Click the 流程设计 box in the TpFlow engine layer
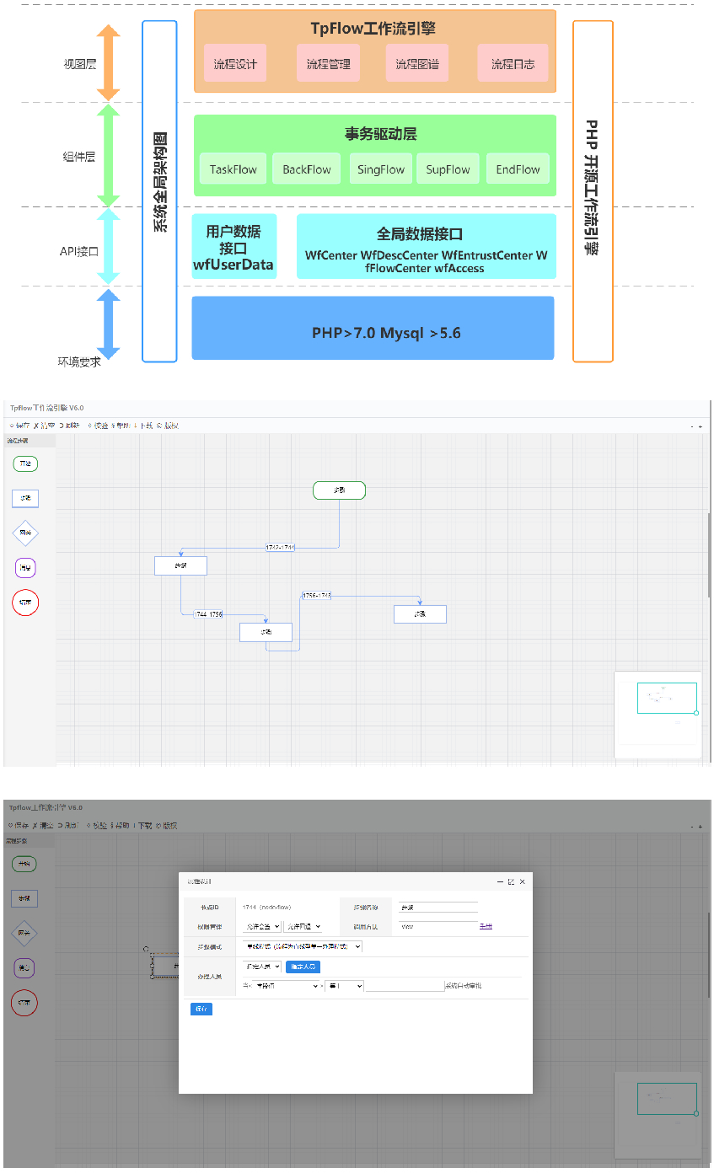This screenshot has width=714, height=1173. (235, 63)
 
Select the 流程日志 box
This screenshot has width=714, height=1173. (513, 63)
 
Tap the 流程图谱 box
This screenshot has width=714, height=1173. (417, 63)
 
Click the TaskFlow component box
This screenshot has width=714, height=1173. (234, 169)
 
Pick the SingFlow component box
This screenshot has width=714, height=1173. (380, 169)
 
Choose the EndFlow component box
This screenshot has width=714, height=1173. (518, 169)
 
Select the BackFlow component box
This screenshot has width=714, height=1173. (307, 169)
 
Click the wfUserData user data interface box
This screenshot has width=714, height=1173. (234, 247)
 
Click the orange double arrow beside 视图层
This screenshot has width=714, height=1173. (109, 62)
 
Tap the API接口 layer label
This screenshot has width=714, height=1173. (79, 251)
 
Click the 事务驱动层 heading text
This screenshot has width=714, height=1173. (380, 134)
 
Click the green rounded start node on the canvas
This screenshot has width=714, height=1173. (339, 490)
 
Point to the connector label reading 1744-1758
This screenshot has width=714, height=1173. (208, 614)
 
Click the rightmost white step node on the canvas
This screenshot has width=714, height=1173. (420, 614)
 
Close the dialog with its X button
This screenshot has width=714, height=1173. (523, 881)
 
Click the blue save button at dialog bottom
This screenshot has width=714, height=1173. (201, 1009)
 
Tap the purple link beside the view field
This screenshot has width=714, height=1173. (486, 926)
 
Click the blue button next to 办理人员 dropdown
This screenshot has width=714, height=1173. (303, 967)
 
